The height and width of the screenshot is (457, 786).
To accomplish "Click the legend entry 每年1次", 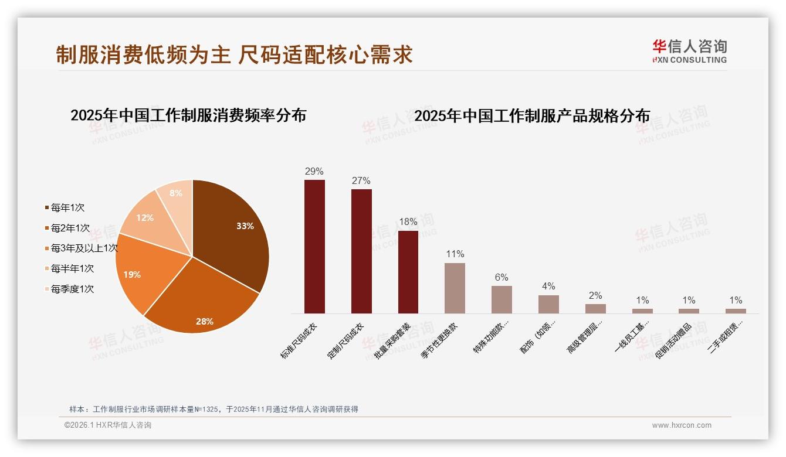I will pos(67,208).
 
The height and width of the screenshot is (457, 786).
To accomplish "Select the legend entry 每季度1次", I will pos(72,289).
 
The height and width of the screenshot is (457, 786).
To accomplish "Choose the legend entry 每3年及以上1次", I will pos(84,248).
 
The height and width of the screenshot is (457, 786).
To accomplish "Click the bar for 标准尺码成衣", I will pos(314,246).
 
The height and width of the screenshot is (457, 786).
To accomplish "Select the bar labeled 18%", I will pos(408,272).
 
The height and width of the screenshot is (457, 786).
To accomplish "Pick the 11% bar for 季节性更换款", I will pos(455,288).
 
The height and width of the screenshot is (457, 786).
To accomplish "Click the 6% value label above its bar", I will pos(502,278).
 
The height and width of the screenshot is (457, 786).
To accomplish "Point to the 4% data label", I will pos(548,287).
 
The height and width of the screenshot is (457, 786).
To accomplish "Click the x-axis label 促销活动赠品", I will pos(675,340).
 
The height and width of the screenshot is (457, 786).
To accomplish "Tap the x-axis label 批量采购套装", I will pos(394,340).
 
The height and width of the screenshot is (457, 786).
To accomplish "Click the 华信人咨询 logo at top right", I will pos(689,52).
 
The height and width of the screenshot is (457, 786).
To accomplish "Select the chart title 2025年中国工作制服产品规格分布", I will pos(532,116).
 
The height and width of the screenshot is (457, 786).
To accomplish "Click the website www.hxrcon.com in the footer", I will pos(682,425).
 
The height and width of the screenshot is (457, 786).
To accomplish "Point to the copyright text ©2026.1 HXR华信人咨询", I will pos(108,425).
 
